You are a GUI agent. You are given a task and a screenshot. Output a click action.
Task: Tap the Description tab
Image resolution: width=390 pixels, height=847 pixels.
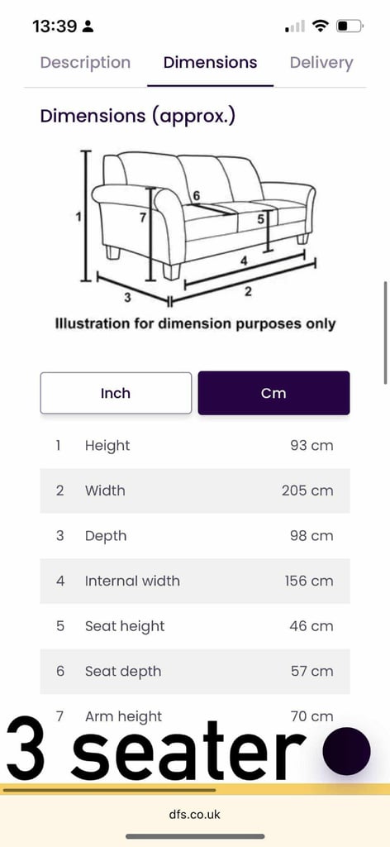[x=85, y=63]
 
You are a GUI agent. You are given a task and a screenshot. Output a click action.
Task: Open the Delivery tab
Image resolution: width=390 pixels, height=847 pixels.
[x=321, y=63]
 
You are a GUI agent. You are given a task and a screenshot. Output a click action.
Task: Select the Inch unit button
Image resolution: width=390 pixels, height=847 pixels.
[x=116, y=393]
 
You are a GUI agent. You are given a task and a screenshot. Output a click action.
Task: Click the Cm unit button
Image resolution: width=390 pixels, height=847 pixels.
[x=273, y=393]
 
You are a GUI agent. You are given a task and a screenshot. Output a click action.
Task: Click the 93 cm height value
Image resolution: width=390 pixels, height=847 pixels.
[x=312, y=446]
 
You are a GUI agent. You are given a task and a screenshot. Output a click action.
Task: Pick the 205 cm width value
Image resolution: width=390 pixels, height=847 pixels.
[x=307, y=490]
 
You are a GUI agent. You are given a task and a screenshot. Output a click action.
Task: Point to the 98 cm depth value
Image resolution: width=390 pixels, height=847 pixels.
[x=312, y=536]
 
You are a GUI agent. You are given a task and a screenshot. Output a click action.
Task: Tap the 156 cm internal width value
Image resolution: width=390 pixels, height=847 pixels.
[x=309, y=581]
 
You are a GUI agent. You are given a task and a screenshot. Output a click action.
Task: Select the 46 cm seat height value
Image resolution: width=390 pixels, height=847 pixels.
[x=312, y=626]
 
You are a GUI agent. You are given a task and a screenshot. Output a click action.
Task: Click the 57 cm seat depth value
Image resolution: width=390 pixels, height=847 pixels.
[x=312, y=672]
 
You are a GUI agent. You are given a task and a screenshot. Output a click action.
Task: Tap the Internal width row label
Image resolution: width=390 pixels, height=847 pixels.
[x=132, y=581]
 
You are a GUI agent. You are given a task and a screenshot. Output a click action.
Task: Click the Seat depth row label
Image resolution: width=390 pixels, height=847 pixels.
[x=123, y=672]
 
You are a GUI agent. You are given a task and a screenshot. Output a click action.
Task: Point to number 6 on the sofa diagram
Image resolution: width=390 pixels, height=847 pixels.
[x=197, y=195]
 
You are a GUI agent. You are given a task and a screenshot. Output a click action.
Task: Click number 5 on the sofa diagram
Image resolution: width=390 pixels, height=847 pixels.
[x=260, y=219]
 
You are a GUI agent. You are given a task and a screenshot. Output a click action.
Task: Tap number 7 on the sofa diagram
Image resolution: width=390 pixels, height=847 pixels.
[x=142, y=218]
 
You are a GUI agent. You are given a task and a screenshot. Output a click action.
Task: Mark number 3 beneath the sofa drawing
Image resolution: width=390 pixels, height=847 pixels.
[x=127, y=297]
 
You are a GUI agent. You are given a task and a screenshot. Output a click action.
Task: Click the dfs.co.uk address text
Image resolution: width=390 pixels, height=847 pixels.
[x=195, y=814]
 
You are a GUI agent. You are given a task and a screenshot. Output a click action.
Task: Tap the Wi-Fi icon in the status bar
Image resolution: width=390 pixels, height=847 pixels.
[x=321, y=26]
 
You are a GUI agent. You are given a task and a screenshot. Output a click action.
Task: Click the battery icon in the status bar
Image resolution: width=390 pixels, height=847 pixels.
[x=350, y=26]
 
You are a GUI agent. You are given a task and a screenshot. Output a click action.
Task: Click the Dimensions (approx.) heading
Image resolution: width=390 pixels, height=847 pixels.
[x=137, y=116]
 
